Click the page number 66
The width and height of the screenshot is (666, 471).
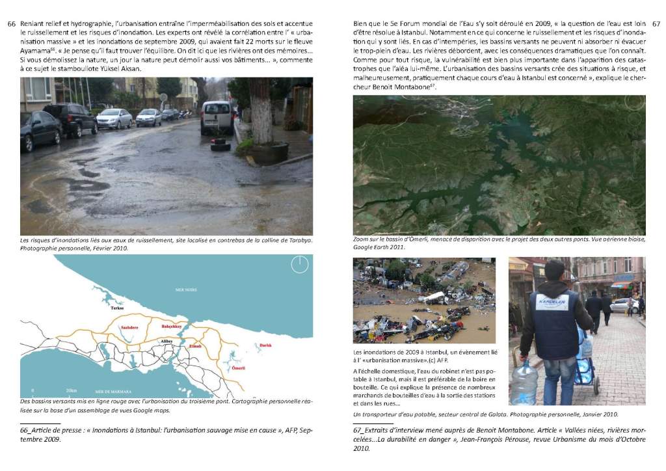[x=11, y=23]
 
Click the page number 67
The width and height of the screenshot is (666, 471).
[x=656, y=23]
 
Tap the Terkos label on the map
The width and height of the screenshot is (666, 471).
[x=117, y=308]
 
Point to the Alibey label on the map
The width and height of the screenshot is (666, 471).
[x=166, y=340]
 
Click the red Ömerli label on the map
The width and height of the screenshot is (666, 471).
[x=239, y=368]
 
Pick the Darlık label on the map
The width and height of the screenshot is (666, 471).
[x=265, y=345]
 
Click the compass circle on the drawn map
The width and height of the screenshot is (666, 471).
[x=299, y=264]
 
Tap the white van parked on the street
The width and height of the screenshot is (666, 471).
[x=216, y=117]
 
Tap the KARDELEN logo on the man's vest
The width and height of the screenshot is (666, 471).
[x=552, y=304]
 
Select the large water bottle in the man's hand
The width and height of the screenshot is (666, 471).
[x=524, y=384]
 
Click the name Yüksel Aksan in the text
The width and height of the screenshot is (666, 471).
[x=119, y=68]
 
